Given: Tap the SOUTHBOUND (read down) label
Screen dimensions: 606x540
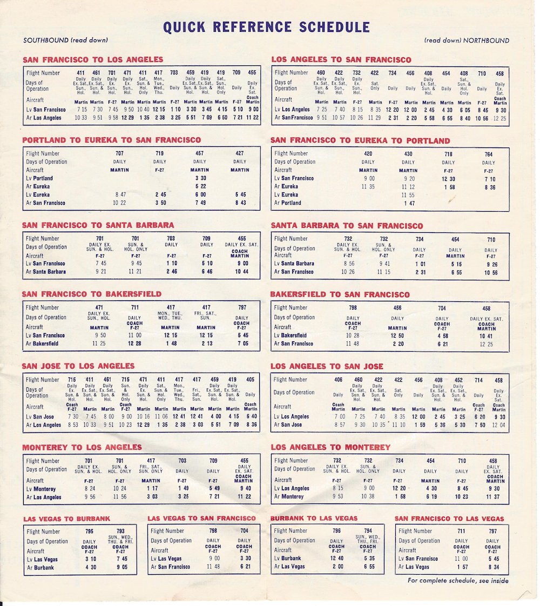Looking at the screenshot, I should [65, 40].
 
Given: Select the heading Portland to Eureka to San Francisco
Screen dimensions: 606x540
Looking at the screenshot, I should [111, 140].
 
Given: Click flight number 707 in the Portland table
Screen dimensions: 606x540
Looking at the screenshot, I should [119, 153].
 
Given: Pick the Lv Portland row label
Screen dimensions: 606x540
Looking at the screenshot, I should [39, 178].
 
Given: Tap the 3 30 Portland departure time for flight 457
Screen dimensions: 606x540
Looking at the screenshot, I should [200, 178].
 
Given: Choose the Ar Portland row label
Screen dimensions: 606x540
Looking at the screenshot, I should [287, 203].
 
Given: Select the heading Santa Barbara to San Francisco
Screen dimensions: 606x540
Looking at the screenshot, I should [347, 226].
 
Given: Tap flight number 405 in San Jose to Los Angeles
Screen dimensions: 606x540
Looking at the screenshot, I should [250, 380].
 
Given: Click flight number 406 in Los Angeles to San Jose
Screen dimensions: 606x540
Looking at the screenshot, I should [339, 380].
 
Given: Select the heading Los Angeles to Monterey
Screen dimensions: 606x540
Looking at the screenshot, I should [330, 447].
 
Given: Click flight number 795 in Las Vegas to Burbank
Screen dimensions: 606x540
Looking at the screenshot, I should [89, 531].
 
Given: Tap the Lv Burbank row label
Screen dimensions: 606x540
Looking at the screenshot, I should [287, 558].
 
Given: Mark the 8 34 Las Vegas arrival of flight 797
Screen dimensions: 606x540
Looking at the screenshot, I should [492, 567].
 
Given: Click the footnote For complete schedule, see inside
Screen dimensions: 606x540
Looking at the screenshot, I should [457, 581].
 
